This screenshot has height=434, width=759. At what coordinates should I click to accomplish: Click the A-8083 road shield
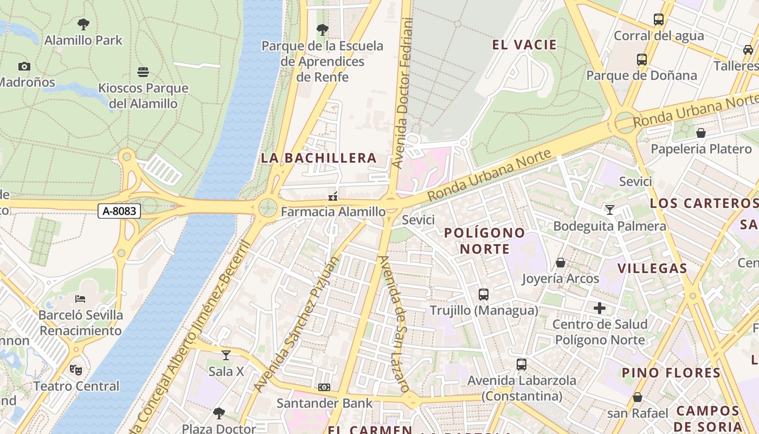click(119, 211)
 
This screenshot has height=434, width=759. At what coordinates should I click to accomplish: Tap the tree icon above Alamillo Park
click(83, 24)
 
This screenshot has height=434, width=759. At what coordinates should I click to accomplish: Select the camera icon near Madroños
click(24, 66)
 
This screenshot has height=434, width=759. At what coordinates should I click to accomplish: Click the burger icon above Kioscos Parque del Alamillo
click(143, 72)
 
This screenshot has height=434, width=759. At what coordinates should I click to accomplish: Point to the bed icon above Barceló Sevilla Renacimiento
click(80, 299)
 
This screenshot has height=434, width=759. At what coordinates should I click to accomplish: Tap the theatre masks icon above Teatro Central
click(76, 370)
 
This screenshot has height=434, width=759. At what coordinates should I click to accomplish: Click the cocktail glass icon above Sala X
click(226, 355)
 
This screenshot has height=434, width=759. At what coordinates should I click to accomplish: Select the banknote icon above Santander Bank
click(324, 387)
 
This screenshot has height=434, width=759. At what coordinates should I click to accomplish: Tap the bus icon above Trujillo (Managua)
click(484, 295)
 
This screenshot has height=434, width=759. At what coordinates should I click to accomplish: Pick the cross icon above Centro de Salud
click(600, 308)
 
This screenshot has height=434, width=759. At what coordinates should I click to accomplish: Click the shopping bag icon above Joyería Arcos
click(561, 263)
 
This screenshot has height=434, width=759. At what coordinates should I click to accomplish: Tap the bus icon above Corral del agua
click(659, 20)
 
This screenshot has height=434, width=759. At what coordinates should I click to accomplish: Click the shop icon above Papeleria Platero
click(701, 133)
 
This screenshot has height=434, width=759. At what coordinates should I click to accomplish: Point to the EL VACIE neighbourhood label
click(524, 45)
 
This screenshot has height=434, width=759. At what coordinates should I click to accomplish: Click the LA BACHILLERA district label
click(319, 158)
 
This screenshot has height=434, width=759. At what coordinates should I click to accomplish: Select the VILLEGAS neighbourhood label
click(652, 268)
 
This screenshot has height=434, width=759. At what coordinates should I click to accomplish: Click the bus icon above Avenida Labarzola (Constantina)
click(522, 365)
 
